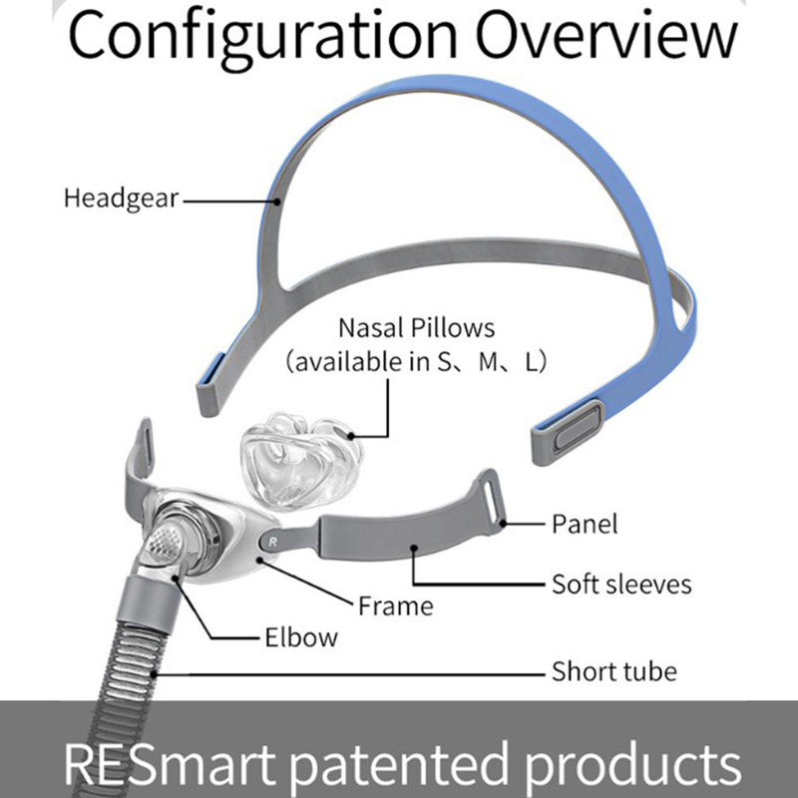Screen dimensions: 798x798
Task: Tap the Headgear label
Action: coord(120,198)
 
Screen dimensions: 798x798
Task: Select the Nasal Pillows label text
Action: coord(416,327)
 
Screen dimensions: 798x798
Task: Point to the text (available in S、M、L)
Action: coord(415,362)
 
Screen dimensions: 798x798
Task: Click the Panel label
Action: coord(585,523)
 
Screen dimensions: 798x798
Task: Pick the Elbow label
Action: coord(301,636)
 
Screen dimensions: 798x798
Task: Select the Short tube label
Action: coord(613,670)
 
